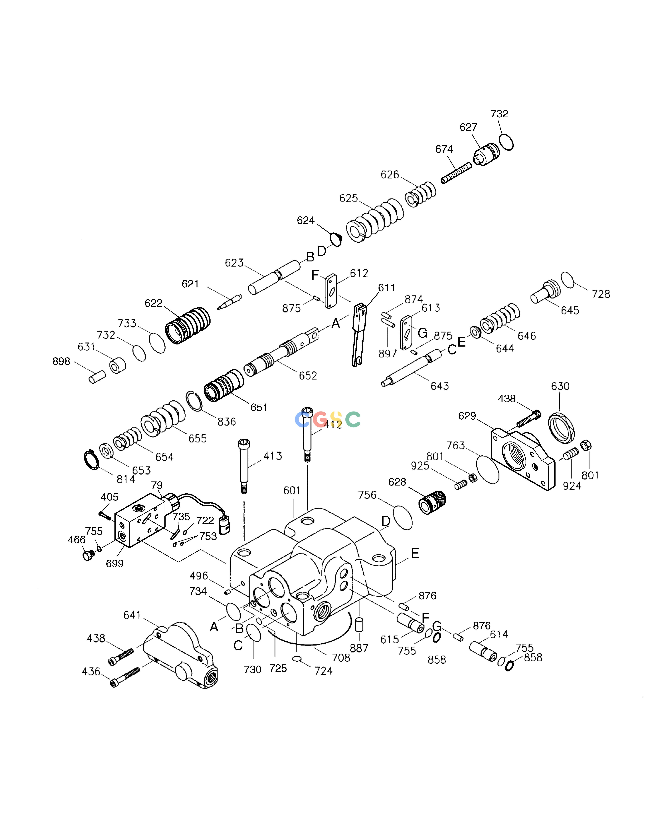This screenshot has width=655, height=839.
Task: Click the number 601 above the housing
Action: [x=292, y=491]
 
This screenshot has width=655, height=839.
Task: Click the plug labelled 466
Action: [x=88, y=555]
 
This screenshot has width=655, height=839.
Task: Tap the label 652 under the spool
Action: [x=308, y=376]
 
